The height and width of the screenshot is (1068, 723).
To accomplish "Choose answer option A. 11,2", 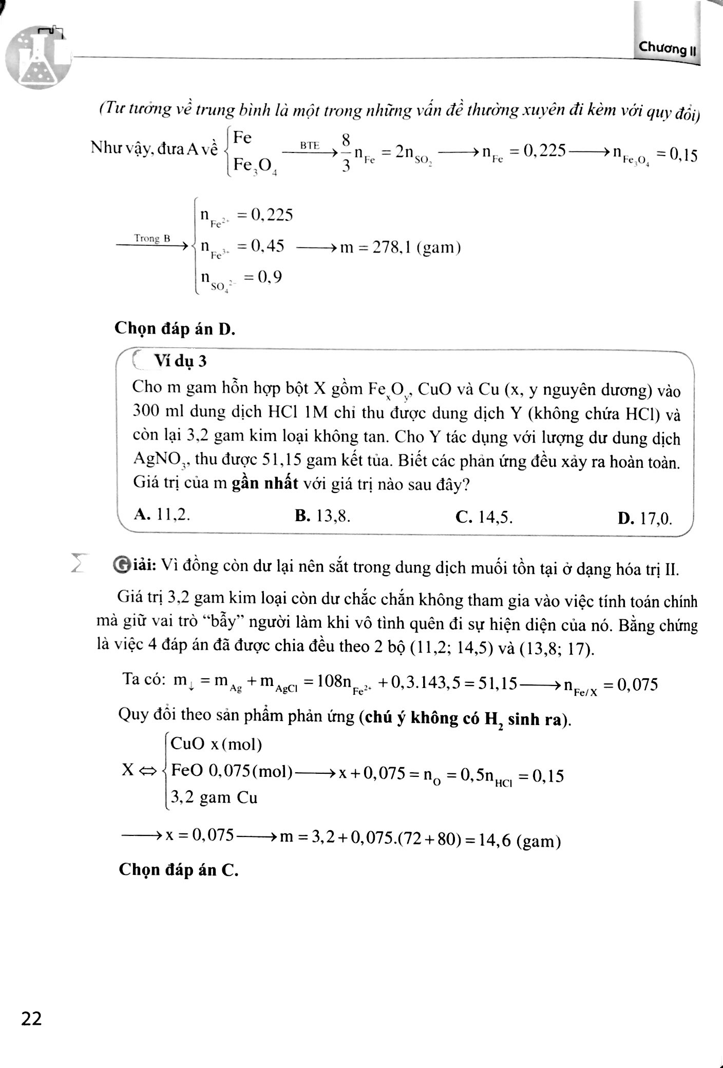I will pos(161,515).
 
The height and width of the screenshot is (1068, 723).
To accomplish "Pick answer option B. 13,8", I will pos(322,516).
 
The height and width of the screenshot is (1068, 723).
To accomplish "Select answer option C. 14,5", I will pos(484,518).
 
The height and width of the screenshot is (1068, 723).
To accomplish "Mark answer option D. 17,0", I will pos(645,519).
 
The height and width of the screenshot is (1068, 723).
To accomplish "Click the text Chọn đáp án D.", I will pos(175,328).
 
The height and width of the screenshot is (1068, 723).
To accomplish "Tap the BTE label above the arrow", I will pos(310,145).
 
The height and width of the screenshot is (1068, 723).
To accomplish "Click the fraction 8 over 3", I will pos(346,152).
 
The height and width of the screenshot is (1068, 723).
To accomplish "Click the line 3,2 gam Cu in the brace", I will pos(214,797).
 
